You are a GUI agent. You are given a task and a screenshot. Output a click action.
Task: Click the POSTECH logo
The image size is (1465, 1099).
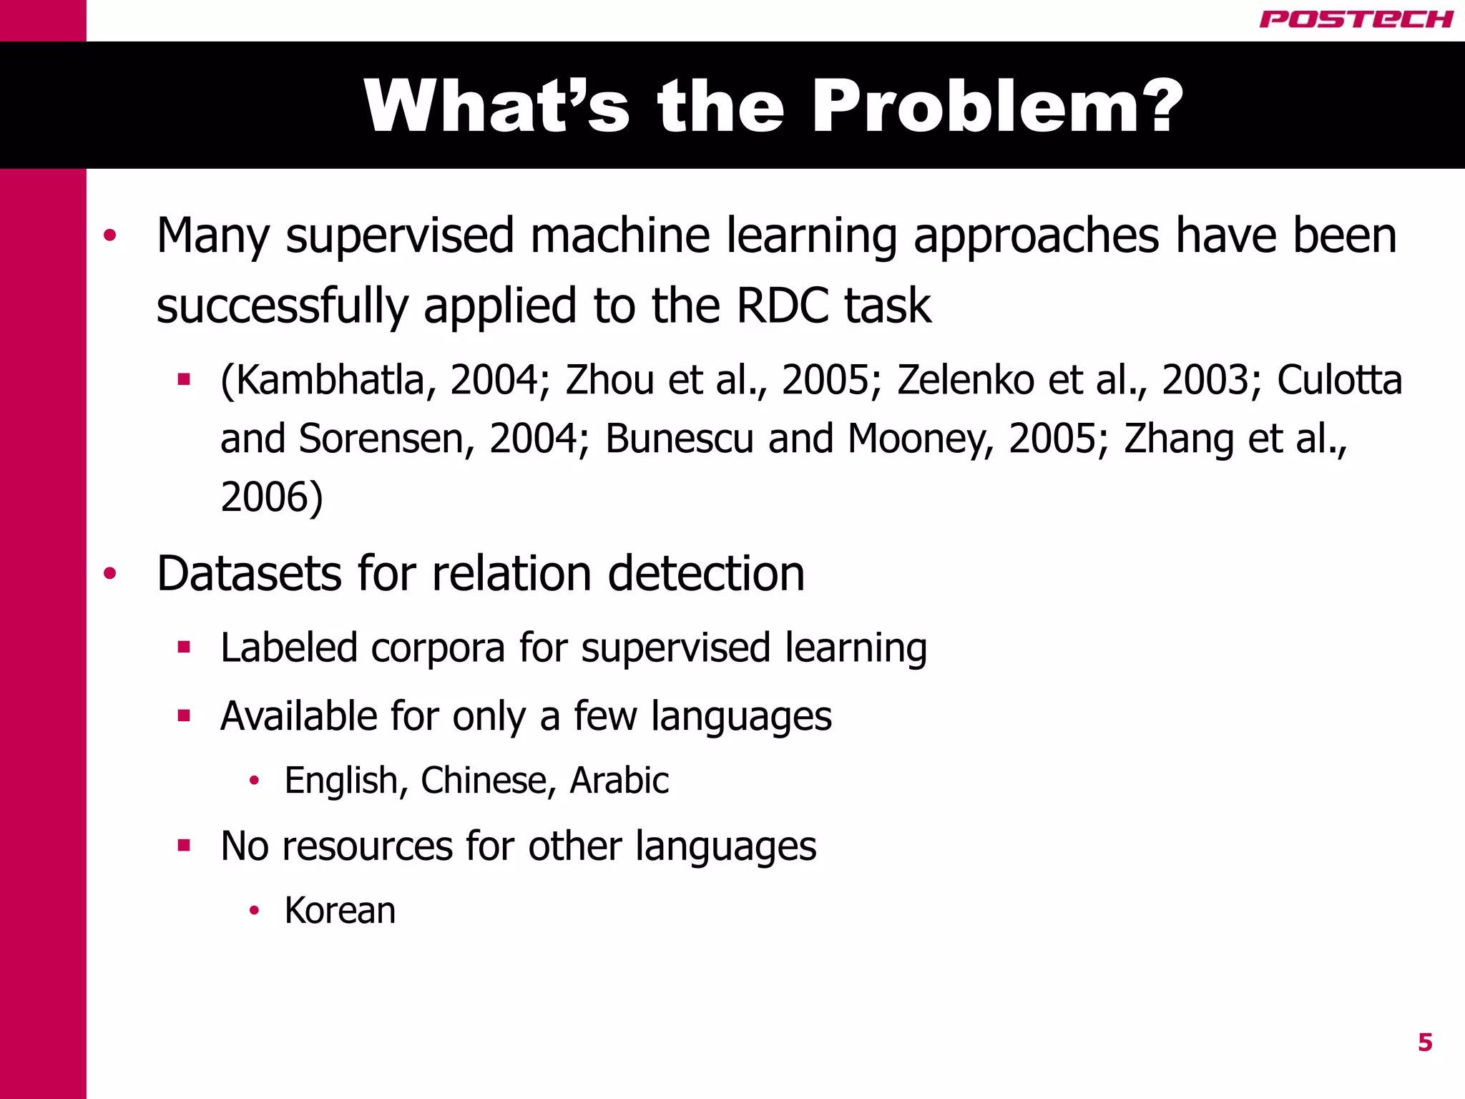point(1356,19)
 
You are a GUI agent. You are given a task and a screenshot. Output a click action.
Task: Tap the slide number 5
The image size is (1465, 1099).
point(1425,1042)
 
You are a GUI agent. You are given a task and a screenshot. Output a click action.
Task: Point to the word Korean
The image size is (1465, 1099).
point(340,911)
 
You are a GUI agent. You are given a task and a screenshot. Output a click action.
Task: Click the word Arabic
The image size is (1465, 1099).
point(619,780)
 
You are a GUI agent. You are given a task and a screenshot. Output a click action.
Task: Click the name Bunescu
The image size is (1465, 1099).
point(679,439)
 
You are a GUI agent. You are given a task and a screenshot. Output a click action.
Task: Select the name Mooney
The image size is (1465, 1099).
point(921,439)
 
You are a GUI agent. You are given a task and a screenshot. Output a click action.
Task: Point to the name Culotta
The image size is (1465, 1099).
point(1339,380)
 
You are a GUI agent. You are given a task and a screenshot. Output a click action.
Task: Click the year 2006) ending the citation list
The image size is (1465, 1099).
point(272,497)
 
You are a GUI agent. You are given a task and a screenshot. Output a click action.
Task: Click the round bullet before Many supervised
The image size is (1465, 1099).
point(109,235)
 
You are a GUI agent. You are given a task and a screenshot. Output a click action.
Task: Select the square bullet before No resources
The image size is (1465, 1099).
point(184,846)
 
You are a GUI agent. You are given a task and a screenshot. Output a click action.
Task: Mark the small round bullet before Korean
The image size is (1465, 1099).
point(253,911)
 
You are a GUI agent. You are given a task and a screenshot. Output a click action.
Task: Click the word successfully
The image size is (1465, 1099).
point(282,306)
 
